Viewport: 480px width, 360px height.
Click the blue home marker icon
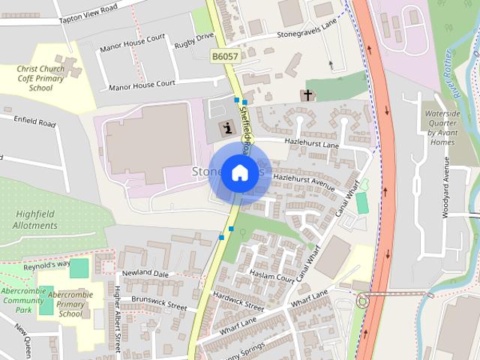[239, 173]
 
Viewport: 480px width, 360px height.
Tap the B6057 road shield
[225, 56]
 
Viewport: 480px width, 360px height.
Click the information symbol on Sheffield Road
[227, 128]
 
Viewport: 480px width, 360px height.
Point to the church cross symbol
[307, 95]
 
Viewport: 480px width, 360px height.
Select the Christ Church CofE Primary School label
[45, 78]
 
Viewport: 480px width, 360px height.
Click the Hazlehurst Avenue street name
[303, 178]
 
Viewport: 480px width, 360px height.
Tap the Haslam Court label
[271, 275]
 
